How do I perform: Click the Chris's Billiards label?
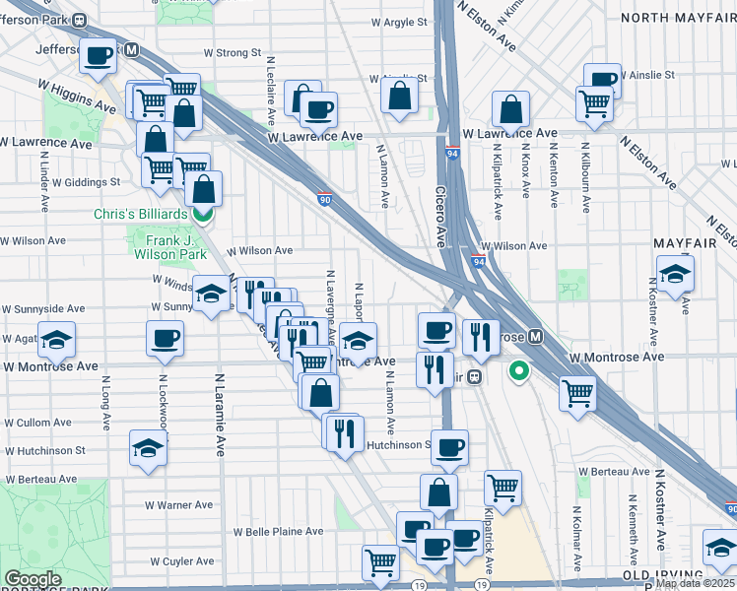coord(140,214)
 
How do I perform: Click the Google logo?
coord(32,579)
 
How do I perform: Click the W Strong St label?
coord(232,52)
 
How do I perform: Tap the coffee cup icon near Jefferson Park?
coord(99,57)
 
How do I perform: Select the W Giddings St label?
coord(86,182)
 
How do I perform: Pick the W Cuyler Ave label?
coord(182,561)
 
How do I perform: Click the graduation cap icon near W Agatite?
coord(57,340)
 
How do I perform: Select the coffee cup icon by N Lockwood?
coord(165,340)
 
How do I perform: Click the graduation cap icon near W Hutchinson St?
coord(149,447)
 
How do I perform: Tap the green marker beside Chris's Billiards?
coord(202,214)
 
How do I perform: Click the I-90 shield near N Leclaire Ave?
coord(325,200)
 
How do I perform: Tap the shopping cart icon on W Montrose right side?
coord(577,393)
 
